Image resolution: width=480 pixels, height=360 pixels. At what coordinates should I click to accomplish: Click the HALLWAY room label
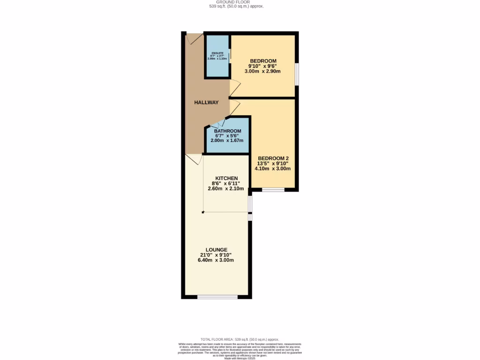(x=206, y=102)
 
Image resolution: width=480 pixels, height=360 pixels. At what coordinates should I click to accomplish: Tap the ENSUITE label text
(x=217, y=53)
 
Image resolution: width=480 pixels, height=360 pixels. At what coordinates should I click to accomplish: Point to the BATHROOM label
(x=228, y=131)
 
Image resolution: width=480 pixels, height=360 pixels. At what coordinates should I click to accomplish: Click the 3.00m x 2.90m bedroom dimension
(x=262, y=71)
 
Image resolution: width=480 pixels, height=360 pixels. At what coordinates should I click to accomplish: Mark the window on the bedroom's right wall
(x=296, y=74)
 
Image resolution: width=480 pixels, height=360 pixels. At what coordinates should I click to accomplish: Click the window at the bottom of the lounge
(x=217, y=296)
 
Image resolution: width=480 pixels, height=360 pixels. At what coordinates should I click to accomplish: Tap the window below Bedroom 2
(x=273, y=190)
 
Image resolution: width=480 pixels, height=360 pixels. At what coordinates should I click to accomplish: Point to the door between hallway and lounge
(x=194, y=159)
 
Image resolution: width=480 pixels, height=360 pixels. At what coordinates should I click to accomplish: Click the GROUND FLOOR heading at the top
(x=236, y=2)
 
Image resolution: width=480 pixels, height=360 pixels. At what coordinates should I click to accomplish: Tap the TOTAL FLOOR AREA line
(x=240, y=339)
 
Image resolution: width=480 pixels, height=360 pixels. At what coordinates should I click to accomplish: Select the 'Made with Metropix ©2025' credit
(x=240, y=358)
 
